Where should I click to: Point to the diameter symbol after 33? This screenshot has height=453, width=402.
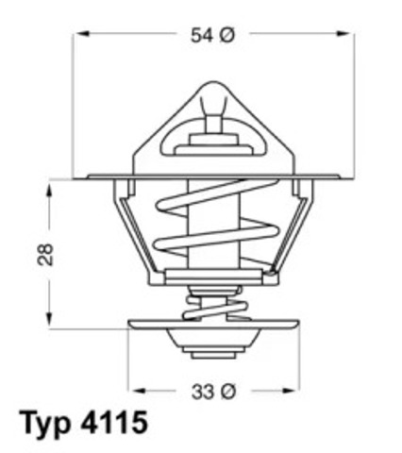(x=226, y=389)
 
